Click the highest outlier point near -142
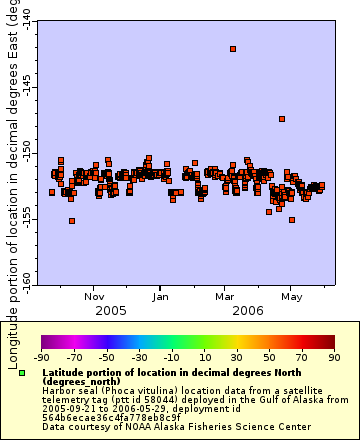click(233, 48)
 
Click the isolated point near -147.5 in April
click(282, 119)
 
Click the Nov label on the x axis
click(94, 297)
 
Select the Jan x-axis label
click(161, 297)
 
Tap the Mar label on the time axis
click(226, 297)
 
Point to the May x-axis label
click(292, 297)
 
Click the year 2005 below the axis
click(110, 311)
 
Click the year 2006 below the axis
click(246, 311)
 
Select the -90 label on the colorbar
click(41, 357)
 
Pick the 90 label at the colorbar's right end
click(332, 357)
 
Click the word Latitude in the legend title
click(67, 371)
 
